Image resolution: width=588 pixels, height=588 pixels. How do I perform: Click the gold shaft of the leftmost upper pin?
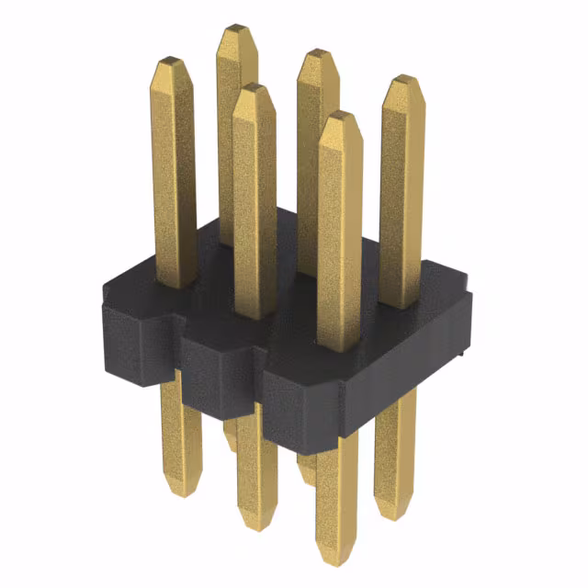click(x=174, y=175)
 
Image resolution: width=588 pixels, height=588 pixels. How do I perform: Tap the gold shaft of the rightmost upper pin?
click(x=402, y=193)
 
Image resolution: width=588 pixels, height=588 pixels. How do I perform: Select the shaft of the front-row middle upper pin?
click(x=254, y=202)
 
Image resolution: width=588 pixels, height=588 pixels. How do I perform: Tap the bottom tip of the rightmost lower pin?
click(x=394, y=513)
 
